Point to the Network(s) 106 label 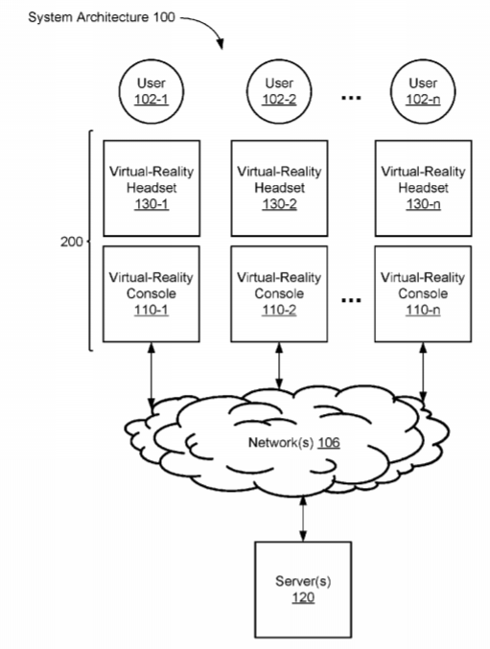(x=293, y=443)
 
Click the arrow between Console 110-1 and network (x=152, y=375)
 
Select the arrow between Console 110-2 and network (x=279, y=366)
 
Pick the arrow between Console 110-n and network (x=423, y=373)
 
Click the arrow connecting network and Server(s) (x=303, y=519)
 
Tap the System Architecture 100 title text (x=102, y=17)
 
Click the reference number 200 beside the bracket (x=72, y=242)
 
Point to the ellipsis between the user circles (x=351, y=98)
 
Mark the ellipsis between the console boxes (x=351, y=300)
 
